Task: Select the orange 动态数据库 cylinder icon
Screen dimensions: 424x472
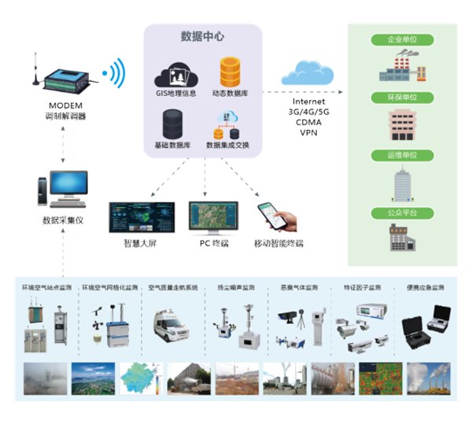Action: (x=230, y=72)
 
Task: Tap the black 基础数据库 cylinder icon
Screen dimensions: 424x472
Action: (x=172, y=124)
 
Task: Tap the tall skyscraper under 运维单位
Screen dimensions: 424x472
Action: (x=402, y=183)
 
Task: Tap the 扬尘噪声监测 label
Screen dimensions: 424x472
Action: (x=237, y=287)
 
